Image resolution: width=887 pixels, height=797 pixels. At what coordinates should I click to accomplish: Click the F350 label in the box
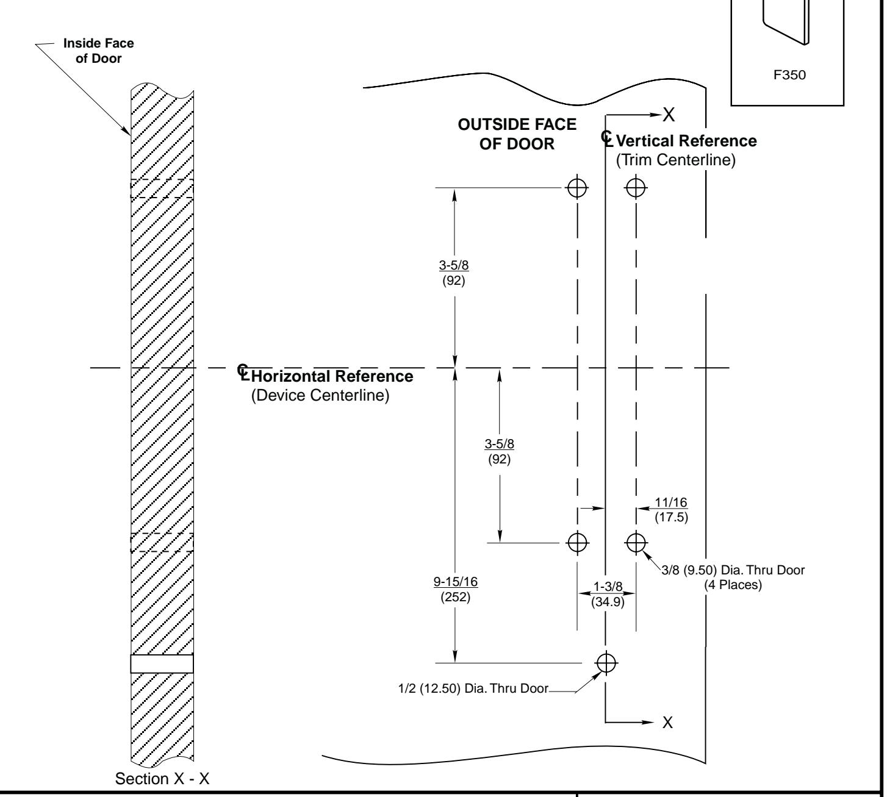pos(789,75)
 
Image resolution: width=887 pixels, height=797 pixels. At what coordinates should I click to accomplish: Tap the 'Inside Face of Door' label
pos(98,51)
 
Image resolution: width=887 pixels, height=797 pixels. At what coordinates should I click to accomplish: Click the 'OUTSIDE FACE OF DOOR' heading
pos(517,134)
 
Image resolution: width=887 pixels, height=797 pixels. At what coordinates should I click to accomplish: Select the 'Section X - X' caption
pos(162,779)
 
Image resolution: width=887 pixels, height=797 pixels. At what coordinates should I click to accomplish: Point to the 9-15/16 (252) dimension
pos(456,589)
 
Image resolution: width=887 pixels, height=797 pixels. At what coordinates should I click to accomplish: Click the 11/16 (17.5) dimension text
pos(671,510)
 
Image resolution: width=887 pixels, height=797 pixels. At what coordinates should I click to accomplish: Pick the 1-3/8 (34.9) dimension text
pos(608,594)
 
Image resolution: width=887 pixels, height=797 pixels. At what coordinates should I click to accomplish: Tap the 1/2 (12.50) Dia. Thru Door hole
pos(606,663)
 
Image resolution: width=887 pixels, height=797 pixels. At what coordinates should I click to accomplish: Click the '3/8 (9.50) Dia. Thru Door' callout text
pos(733,570)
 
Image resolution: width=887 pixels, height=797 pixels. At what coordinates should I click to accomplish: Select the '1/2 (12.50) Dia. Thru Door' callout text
pos(473,688)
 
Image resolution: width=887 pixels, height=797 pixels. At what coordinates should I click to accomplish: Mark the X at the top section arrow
pos(669,115)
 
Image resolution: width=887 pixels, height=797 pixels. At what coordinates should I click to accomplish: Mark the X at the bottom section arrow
pos(667,723)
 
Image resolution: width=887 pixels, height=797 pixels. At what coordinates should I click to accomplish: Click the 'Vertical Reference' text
pos(686,141)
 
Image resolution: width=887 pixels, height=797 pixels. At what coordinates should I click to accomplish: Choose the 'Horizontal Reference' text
pos(332,376)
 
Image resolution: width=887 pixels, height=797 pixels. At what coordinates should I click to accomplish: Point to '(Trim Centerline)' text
pos(676,160)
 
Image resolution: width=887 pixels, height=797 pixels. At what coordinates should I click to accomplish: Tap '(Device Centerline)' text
pos(320,395)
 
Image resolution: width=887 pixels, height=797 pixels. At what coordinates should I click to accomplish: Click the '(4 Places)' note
pos(733,585)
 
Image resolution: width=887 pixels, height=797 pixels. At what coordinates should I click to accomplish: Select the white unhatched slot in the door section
pos(162,663)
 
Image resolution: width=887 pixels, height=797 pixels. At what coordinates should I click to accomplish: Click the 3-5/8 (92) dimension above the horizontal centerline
pos(454,273)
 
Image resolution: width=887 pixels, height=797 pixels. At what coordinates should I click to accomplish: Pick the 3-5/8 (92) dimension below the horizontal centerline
pos(499,451)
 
